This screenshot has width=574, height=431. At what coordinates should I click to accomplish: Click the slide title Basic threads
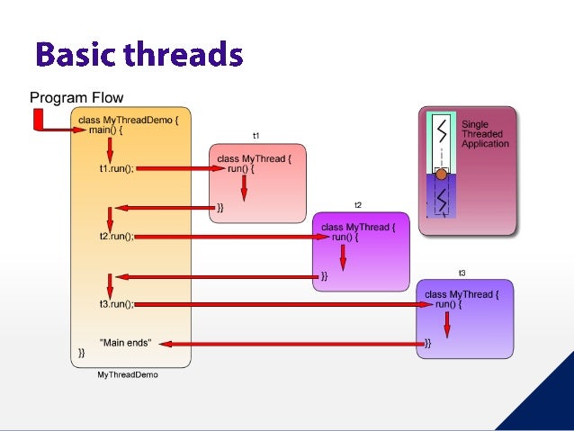139,56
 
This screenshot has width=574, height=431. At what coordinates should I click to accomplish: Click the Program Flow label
76,97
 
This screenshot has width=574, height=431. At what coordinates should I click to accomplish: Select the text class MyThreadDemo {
134,119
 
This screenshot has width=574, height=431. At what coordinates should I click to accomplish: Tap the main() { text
106,130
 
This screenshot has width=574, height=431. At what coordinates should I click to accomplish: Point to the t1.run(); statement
116,168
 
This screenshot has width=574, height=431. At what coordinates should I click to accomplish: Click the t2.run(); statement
116,237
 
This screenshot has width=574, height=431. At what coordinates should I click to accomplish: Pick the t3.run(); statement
116,304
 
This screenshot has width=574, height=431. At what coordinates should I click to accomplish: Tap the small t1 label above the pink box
256,136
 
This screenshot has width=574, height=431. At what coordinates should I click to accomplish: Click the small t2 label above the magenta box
357,205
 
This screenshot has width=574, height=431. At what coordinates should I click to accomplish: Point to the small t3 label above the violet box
462,272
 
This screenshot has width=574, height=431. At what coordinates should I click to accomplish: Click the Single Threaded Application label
485,134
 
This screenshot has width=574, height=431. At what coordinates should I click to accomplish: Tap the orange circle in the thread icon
441,174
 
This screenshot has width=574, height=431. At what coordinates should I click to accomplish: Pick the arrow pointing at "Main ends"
297,343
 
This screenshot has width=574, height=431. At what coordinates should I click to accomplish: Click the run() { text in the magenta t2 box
345,238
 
